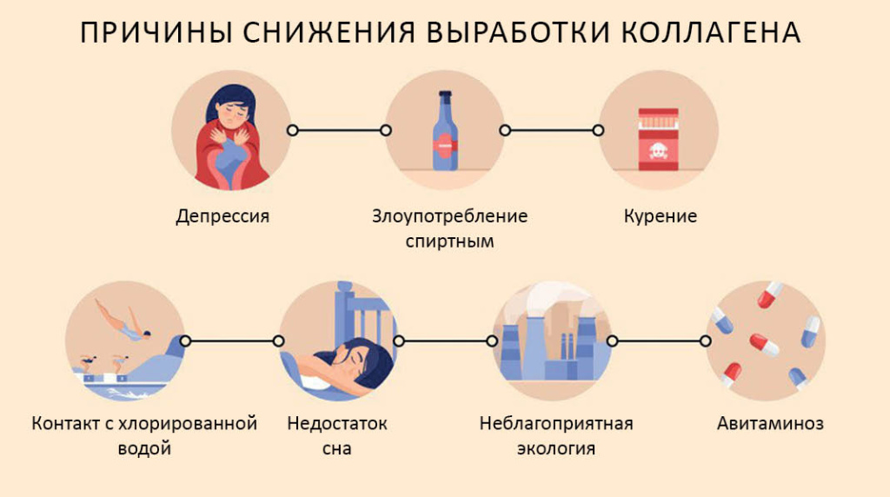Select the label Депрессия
[222, 216]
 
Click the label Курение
[661, 216]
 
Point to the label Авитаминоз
[770, 424]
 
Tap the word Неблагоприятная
[556, 424]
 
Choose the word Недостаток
[337, 424]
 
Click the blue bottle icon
[445, 132]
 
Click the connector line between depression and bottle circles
[339, 130]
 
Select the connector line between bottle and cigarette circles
[551, 130]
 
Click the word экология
[556, 449]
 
